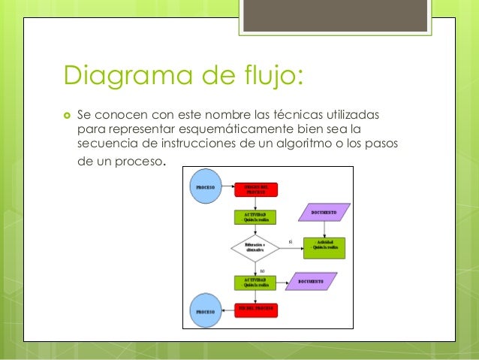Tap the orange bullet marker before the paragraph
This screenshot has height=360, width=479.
pos(67,115)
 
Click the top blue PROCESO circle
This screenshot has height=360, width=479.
pos(204,186)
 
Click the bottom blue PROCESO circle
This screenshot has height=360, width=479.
pos(204,310)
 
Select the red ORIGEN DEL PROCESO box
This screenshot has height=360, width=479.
pos(256,189)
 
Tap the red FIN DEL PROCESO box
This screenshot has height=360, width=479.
pos(256,310)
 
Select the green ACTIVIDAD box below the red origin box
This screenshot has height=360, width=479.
pos(255,217)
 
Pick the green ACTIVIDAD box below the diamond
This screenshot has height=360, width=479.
pos(255,283)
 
